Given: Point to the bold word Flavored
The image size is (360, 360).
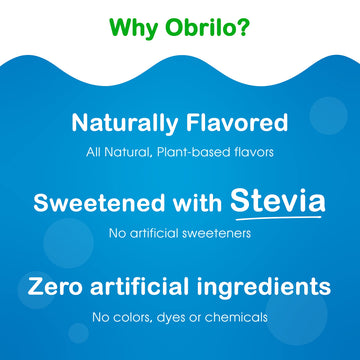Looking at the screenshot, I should coord(235,124).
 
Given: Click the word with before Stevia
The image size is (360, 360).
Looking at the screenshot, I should coord(191,203).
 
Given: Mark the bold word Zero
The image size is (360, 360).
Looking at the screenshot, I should coord(59,287).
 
